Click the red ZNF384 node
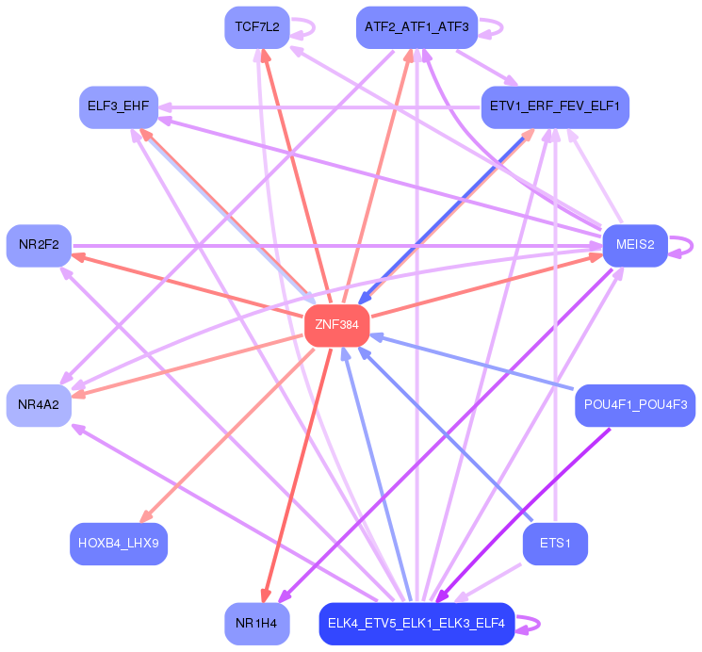[336, 325]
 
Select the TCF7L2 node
[256, 26]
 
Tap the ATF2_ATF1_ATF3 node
[416, 26]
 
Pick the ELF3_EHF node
[118, 106]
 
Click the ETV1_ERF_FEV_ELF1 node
[554, 106]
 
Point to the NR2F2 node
[39, 245]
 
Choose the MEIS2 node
[635, 245]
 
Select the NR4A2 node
[39, 404]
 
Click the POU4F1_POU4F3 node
[635, 404]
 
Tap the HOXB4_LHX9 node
[118, 544]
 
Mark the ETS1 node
[555, 544]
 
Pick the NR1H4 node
[256, 624]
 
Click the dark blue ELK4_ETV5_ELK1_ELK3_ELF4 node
[416, 624]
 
